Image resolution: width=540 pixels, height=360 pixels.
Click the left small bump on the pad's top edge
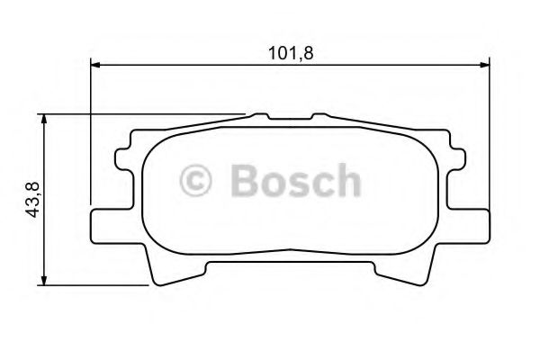click(x=260, y=117)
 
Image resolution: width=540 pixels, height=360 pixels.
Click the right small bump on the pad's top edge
click(x=319, y=117)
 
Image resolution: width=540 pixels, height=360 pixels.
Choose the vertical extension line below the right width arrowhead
click(x=488, y=135)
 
